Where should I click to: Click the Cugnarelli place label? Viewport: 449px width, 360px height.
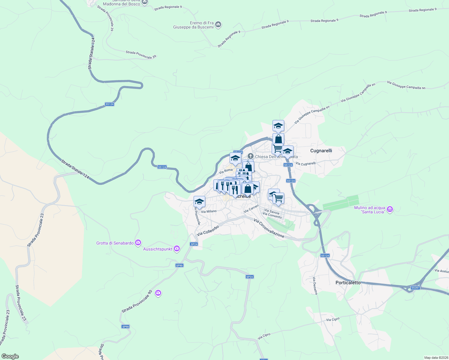(321, 151)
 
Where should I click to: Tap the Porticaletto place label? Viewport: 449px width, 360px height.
(348, 283)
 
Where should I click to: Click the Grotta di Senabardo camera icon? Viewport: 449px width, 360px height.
(138, 243)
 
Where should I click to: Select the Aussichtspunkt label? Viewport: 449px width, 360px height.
(158, 249)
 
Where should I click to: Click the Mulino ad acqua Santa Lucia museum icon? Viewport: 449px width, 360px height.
(390, 209)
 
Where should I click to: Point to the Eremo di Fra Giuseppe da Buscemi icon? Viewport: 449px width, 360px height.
(218, 25)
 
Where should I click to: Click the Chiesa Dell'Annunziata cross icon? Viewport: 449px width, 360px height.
(250, 156)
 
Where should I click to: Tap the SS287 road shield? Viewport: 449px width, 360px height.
(415, 288)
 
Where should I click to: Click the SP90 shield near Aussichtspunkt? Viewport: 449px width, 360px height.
(179, 265)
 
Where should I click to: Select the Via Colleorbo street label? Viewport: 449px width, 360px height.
(208, 230)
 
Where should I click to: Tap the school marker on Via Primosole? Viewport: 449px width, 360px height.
(199, 202)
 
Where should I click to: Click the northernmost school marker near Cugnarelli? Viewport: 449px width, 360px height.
(278, 126)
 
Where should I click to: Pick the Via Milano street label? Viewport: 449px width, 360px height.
(209, 211)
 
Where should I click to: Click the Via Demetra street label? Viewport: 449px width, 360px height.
(315, 286)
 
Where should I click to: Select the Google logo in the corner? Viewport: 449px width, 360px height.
(10, 356)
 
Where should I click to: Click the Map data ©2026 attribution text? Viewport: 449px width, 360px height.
(436, 358)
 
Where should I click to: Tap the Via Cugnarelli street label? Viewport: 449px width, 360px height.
(306, 163)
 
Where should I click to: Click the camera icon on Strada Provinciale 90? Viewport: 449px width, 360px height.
(158, 293)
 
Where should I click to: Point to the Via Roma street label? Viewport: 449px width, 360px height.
(226, 171)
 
